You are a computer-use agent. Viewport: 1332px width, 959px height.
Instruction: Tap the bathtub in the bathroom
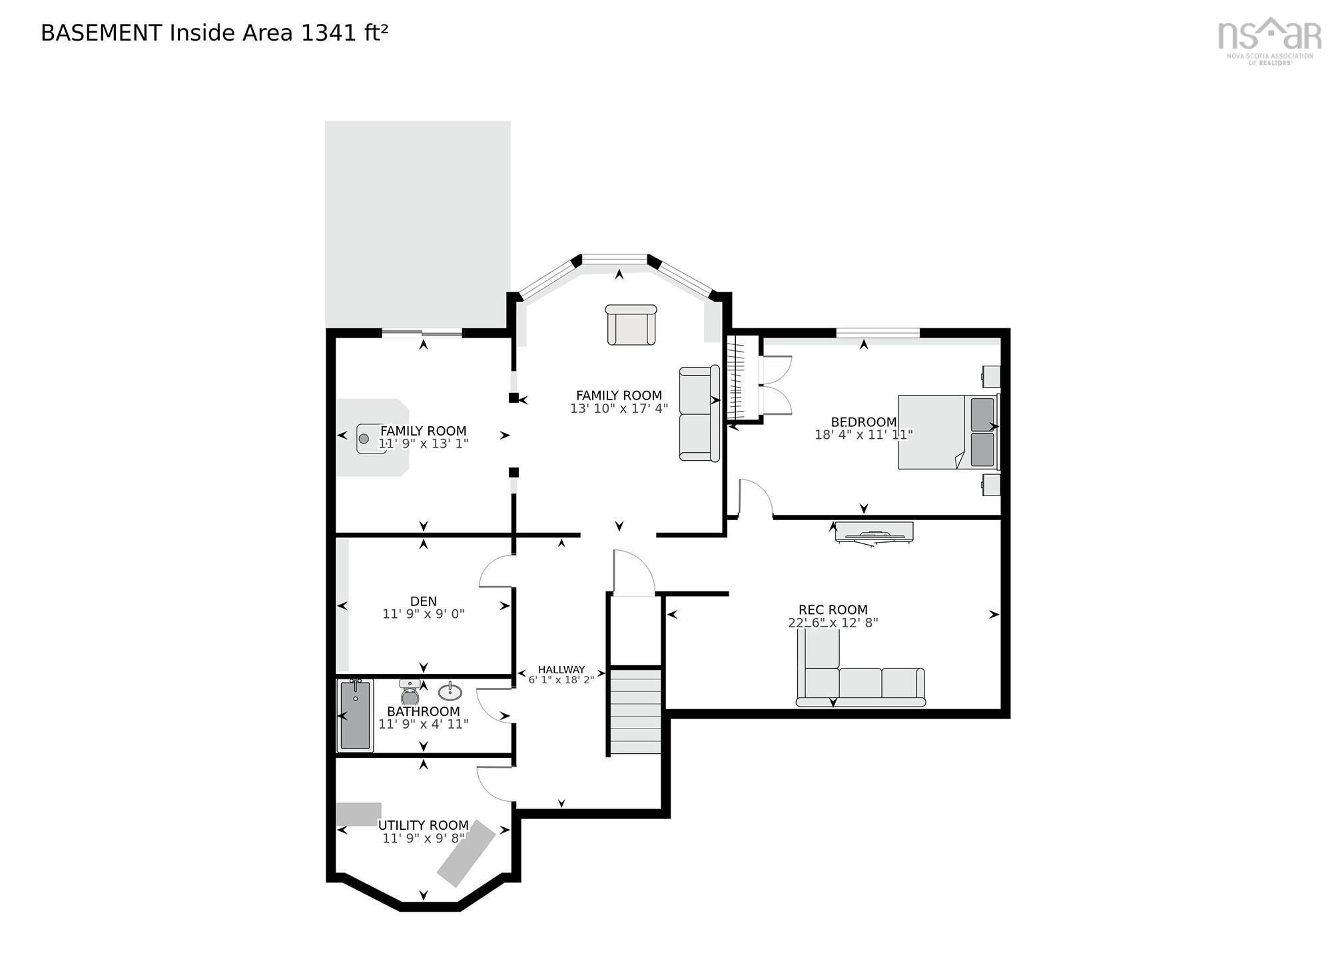(355, 715)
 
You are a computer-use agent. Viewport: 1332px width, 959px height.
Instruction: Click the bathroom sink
(450, 691)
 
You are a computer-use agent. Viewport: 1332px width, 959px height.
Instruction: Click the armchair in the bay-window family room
(631, 325)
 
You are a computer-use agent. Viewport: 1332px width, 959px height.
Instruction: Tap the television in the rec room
(874, 532)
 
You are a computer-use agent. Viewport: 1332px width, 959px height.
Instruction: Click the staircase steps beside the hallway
(636, 711)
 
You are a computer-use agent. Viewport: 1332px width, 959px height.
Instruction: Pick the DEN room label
(424, 601)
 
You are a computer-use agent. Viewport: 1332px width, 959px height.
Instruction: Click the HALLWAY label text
(561, 669)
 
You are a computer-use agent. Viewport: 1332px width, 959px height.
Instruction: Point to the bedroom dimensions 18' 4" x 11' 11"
(863, 435)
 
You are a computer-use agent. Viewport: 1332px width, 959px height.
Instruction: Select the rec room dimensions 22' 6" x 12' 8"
(832, 623)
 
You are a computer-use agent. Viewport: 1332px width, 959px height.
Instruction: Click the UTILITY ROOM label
(424, 825)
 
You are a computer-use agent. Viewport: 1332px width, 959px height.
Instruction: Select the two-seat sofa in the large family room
(699, 414)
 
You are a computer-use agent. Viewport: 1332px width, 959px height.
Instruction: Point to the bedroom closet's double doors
(776, 386)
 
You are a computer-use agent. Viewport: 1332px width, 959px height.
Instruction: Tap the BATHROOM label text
(424, 711)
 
